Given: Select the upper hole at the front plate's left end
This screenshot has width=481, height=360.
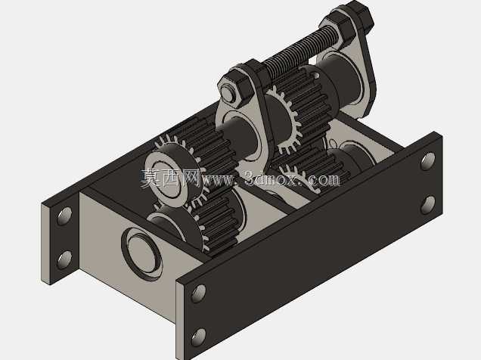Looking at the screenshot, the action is click(198, 293).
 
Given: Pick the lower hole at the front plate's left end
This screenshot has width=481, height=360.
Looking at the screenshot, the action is click(198, 337).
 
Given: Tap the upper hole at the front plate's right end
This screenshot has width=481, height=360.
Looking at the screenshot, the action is click(428, 161).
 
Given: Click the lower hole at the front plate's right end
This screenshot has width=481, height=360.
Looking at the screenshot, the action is click(428, 205).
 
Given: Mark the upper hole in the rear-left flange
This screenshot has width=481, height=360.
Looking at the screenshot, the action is click(65, 216).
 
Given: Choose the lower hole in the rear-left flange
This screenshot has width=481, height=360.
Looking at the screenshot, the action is click(65, 259).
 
